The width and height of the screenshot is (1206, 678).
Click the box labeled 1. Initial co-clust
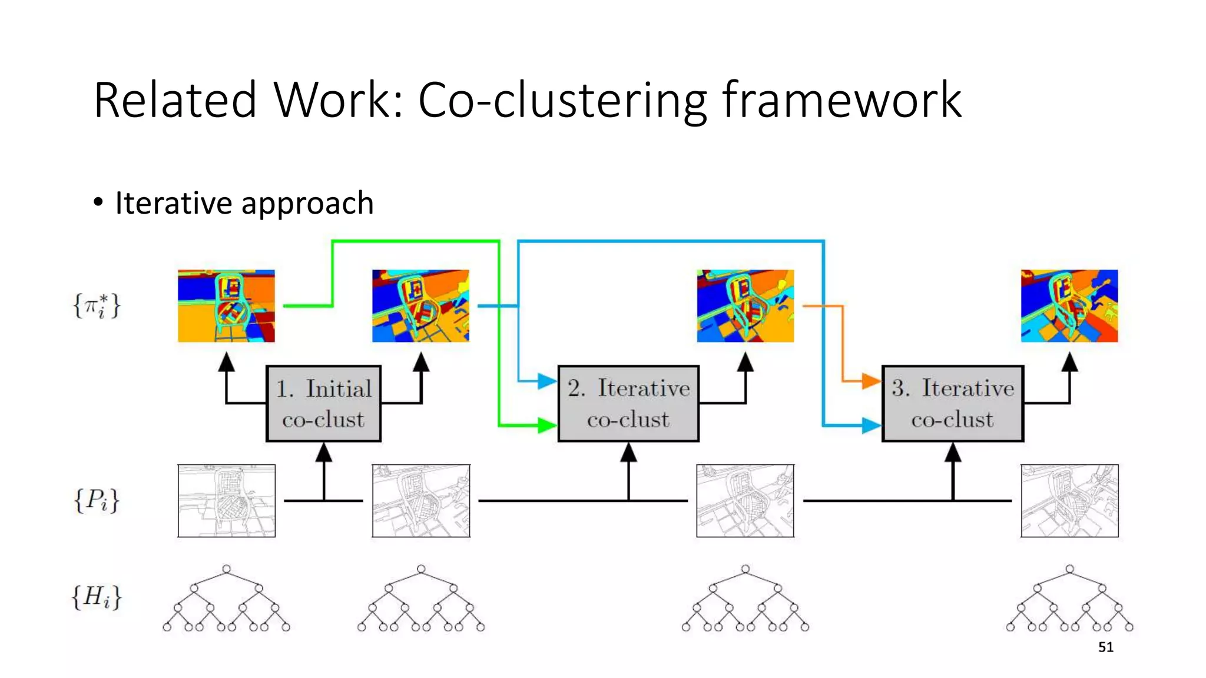[x=323, y=404]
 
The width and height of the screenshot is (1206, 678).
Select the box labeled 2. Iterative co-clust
[x=628, y=404]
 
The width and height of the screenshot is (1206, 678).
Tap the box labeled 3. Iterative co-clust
[x=953, y=404]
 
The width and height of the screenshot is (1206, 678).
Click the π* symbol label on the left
[x=97, y=306]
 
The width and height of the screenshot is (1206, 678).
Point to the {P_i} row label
[x=97, y=501]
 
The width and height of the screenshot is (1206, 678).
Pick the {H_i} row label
[x=97, y=597]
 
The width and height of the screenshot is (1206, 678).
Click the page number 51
[x=1105, y=647]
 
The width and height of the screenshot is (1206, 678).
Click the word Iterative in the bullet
[x=173, y=203]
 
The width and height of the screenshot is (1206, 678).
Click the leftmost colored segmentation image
[x=226, y=306]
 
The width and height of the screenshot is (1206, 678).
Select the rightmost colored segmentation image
[x=1069, y=306]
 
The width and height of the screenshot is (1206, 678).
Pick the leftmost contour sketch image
[x=226, y=501]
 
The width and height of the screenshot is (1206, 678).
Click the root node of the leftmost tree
[x=226, y=569]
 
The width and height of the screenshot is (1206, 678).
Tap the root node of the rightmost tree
[x=1069, y=569]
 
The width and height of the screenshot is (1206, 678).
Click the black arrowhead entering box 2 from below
[x=628, y=452]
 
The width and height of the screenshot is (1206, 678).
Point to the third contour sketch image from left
[x=745, y=501]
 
